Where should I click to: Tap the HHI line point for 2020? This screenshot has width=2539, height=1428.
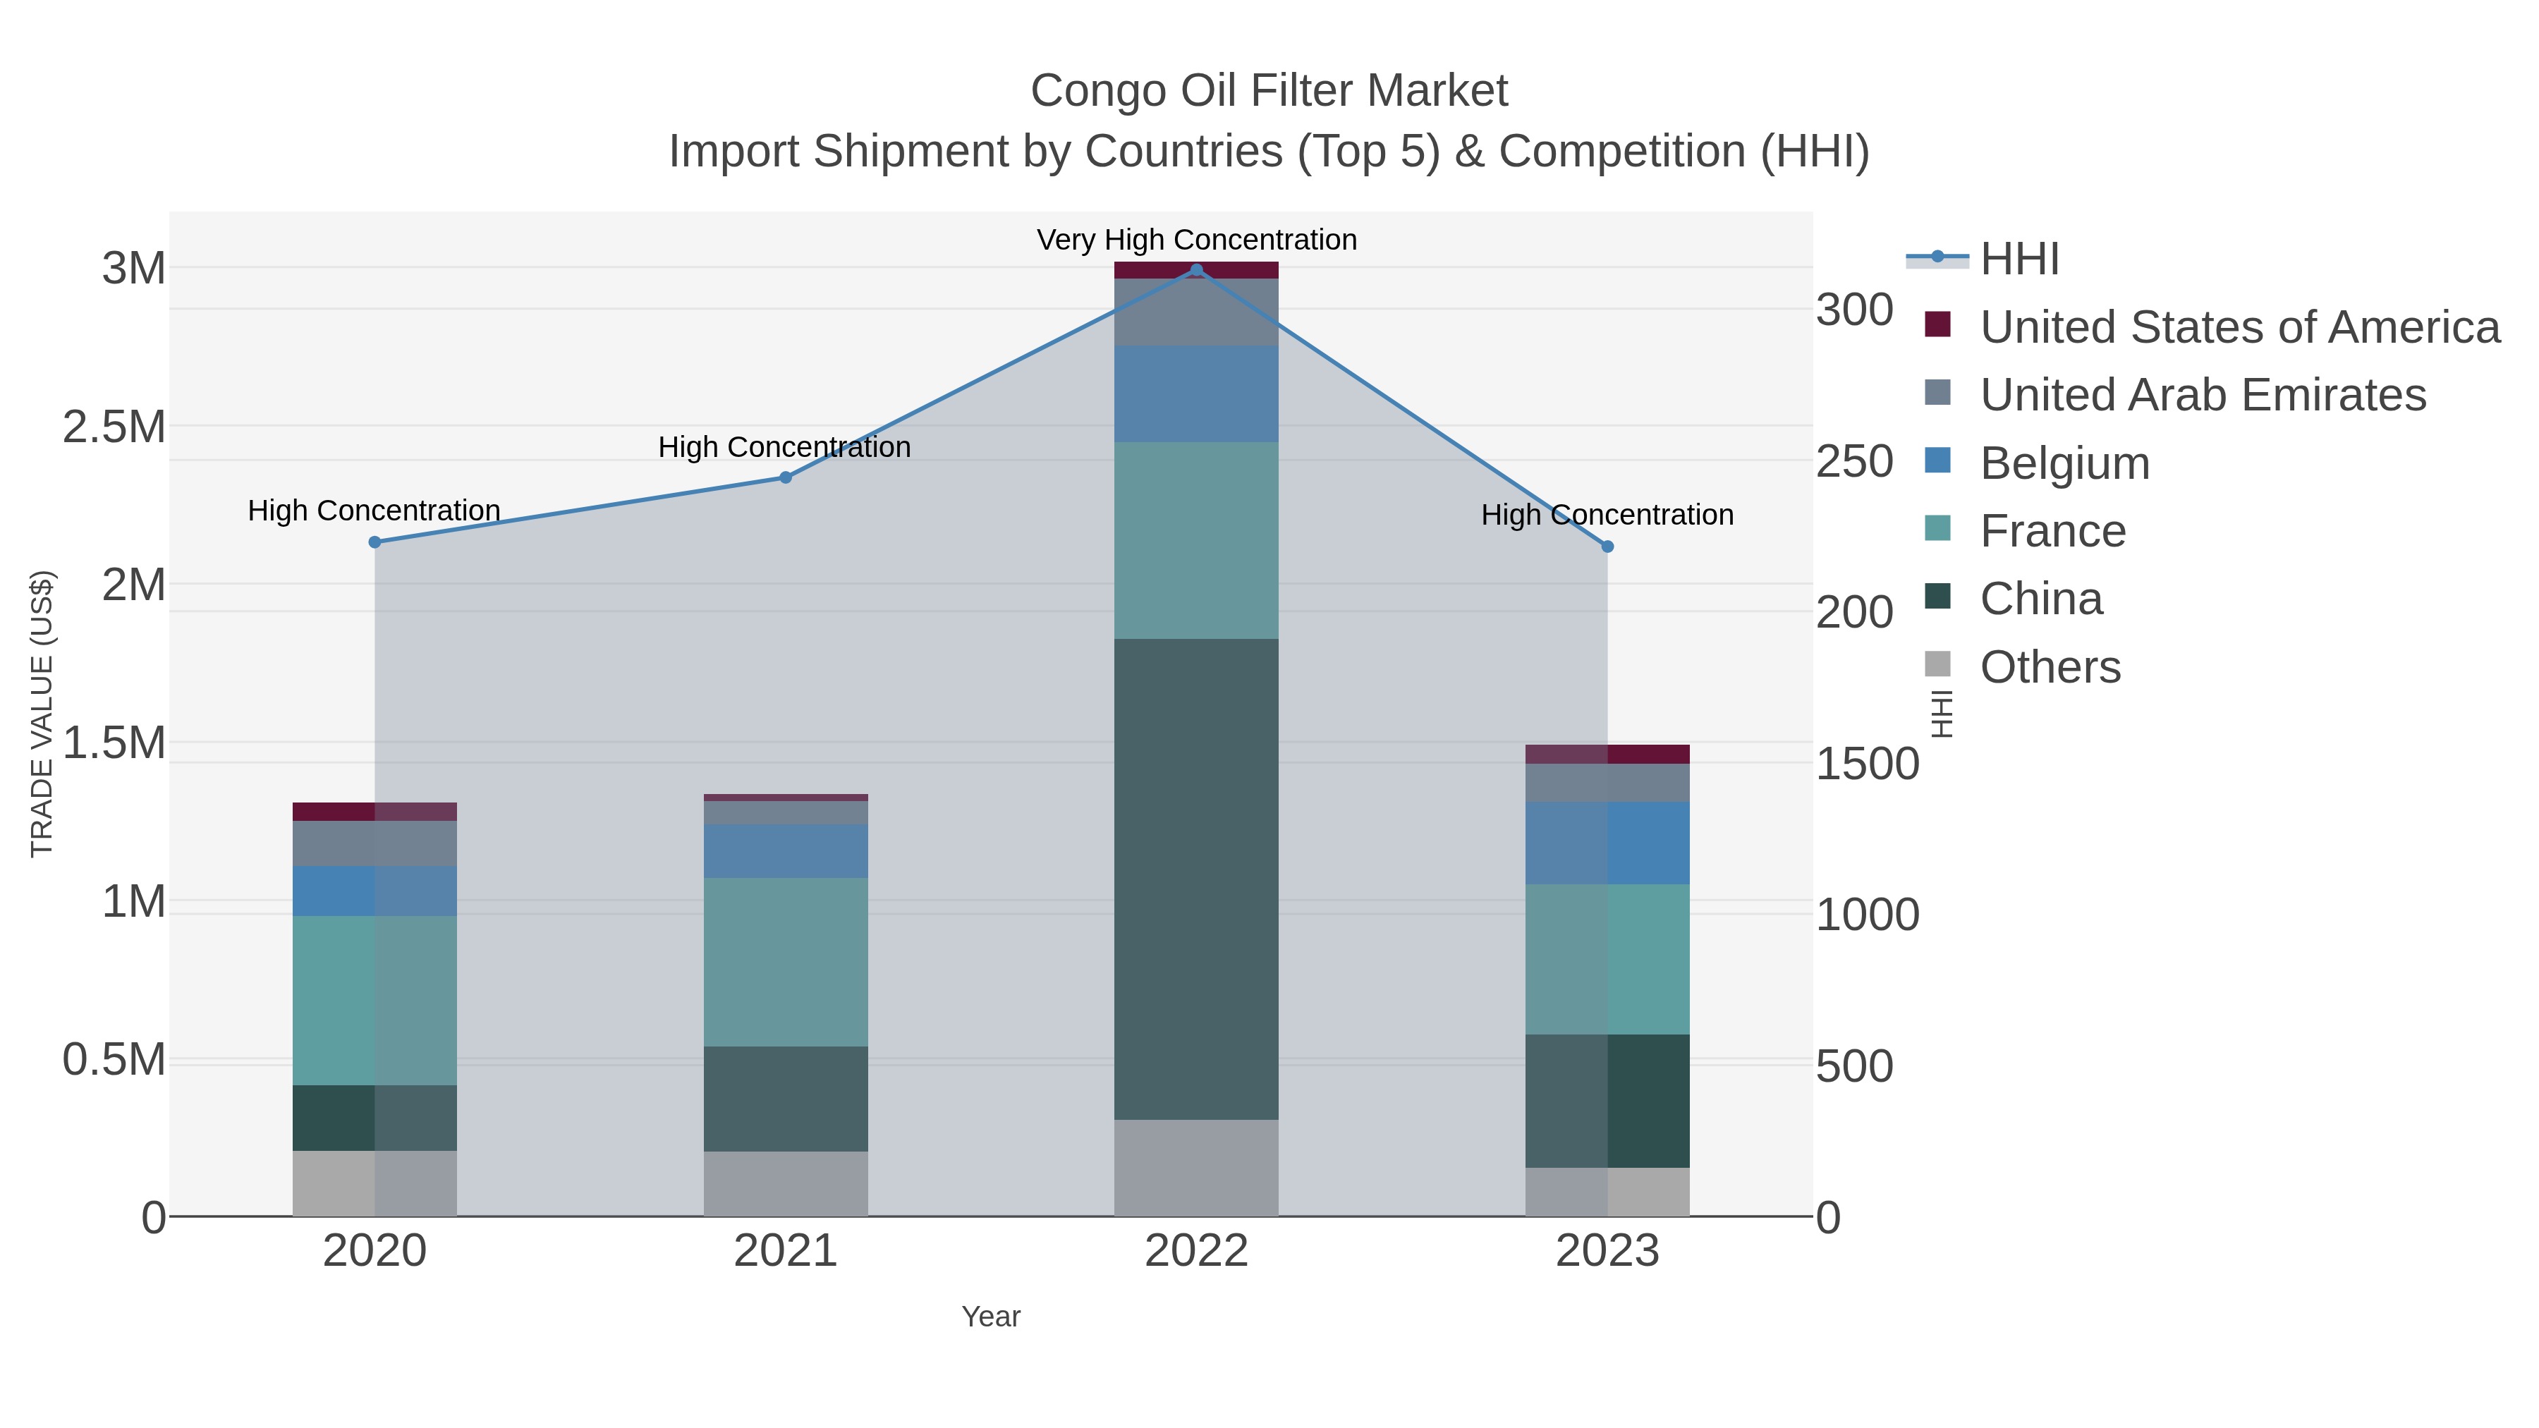point(375,542)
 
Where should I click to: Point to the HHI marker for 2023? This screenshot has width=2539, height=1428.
point(1607,546)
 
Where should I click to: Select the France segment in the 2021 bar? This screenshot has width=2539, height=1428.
point(786,962)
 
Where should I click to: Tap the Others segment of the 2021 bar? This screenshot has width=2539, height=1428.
point(786,1183)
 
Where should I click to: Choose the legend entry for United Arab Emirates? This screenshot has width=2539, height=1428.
point(2202,394)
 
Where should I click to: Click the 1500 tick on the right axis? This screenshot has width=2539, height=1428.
point(1867,764)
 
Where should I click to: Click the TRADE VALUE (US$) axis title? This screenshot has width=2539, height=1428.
point(42,714)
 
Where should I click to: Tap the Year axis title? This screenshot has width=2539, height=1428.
point(991,1317)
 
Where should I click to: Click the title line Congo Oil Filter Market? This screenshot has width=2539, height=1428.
point(1269,91)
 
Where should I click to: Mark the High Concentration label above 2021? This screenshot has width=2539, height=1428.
point(784,447)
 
